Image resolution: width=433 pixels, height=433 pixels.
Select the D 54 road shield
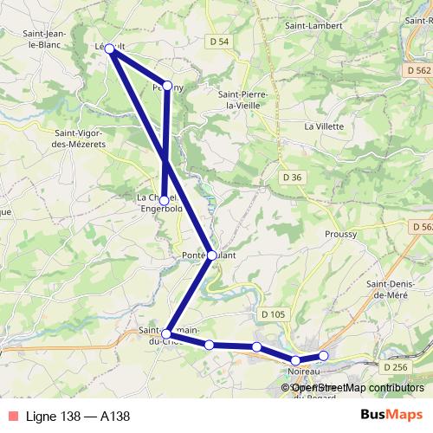[220, 42]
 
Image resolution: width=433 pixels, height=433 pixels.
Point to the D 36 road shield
[292, 178]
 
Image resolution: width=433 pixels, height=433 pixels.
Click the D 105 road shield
[271, 313]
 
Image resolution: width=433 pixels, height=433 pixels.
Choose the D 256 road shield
[394, 367]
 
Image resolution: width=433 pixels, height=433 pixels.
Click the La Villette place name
[324, 126]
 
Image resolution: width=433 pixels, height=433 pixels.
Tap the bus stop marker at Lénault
[110, 49]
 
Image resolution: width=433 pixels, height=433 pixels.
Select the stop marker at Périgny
[168, 87]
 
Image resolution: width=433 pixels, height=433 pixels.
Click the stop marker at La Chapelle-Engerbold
[164, 200]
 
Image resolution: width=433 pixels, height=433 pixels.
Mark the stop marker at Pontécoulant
[211, 255]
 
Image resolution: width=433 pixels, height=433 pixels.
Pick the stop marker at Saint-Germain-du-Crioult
[166, 333]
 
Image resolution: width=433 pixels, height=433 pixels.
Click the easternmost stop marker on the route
[324, 356]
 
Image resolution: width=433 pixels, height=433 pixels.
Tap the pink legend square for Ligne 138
[10, 416]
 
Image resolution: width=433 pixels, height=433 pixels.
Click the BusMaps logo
[391, 415]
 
